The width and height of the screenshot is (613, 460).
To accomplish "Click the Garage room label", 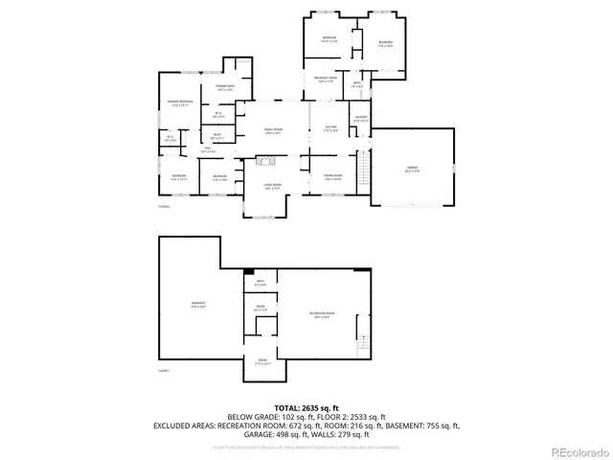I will coord(412,169).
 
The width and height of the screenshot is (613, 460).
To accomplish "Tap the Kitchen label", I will coord(330,128).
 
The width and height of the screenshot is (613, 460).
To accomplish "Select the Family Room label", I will coord(273,131).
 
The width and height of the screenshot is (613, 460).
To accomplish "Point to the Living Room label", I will coord(272,187).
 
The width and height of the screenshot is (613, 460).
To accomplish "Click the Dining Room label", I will coord(331,177).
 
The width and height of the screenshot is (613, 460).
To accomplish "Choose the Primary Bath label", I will coord(226,88).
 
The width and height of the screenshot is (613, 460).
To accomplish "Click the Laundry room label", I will coord(360,119).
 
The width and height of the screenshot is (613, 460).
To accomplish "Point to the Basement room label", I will coord(199,306).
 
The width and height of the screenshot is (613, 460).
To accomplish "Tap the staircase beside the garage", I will coord(363,172).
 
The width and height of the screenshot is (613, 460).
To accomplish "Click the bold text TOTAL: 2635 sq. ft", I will coord(306,406).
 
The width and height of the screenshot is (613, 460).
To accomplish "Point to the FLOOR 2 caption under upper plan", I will coord(164,207).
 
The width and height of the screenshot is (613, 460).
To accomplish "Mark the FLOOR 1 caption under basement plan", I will coord(164,371).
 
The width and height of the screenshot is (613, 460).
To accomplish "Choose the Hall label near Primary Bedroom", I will coord(207,149).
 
